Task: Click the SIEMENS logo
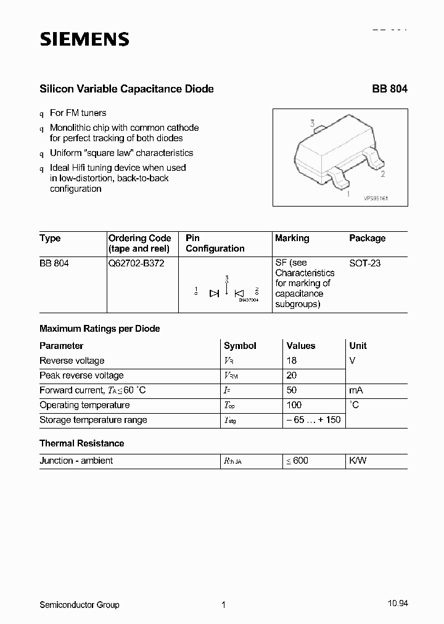(84, 39)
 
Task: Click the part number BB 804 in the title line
(389, 89)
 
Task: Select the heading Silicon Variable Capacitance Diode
(126, 89)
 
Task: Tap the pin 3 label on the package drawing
(313, 124)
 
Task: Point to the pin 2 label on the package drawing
(383, 174)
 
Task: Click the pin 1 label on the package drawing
(348, 194)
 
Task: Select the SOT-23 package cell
(364, 263)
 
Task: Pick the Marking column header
(292, 238)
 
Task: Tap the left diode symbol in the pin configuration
(214, 294)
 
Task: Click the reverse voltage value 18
(292, 361)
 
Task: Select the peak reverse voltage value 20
(292, 376)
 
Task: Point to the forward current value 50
(292, 390)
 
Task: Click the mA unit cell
(356, 390)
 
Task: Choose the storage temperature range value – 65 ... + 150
(313, 420)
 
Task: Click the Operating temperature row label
(84, 405)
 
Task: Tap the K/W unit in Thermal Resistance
(358, 461)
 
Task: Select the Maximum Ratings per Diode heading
(99, 329)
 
